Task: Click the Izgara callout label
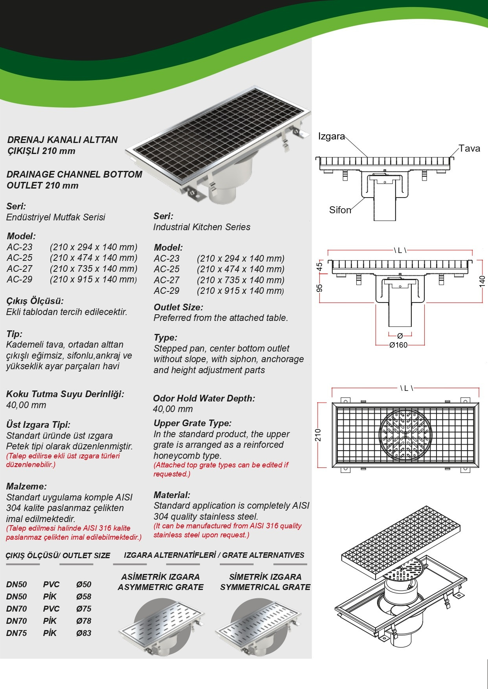point(331,136)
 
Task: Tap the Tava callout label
point(469,148)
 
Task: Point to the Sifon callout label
point(340,210)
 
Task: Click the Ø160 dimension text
point(398,345)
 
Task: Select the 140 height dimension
point(482,281)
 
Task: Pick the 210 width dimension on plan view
point(318,435)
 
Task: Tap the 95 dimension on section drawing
point(320,288)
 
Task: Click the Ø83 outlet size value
point(84,633)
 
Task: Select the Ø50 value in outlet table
point(84,585)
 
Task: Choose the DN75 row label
point(17,633)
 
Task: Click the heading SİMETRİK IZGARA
point(265,577)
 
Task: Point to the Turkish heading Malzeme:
point(26,486)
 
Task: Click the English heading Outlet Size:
point(178,307)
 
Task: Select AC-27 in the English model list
point(167,280)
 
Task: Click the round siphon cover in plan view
point(405,434)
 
